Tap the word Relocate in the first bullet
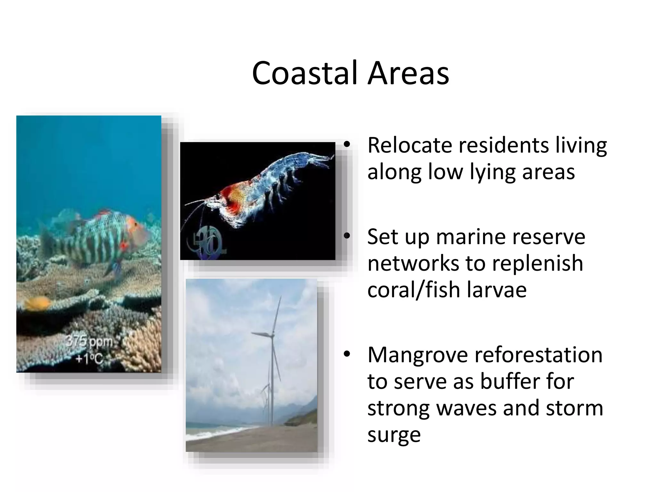[409, 145]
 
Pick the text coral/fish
[414, 290]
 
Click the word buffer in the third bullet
[510, 381]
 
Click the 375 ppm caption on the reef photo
[89, 342]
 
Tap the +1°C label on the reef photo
[89, 359]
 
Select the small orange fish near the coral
[38, 302]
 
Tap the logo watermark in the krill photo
[208, 241]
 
